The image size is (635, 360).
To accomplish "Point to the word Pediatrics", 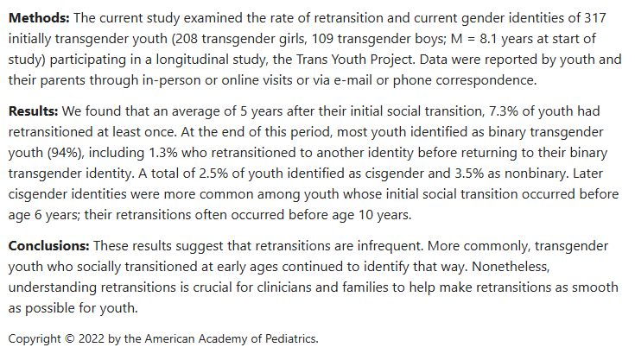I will point(289,338).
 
